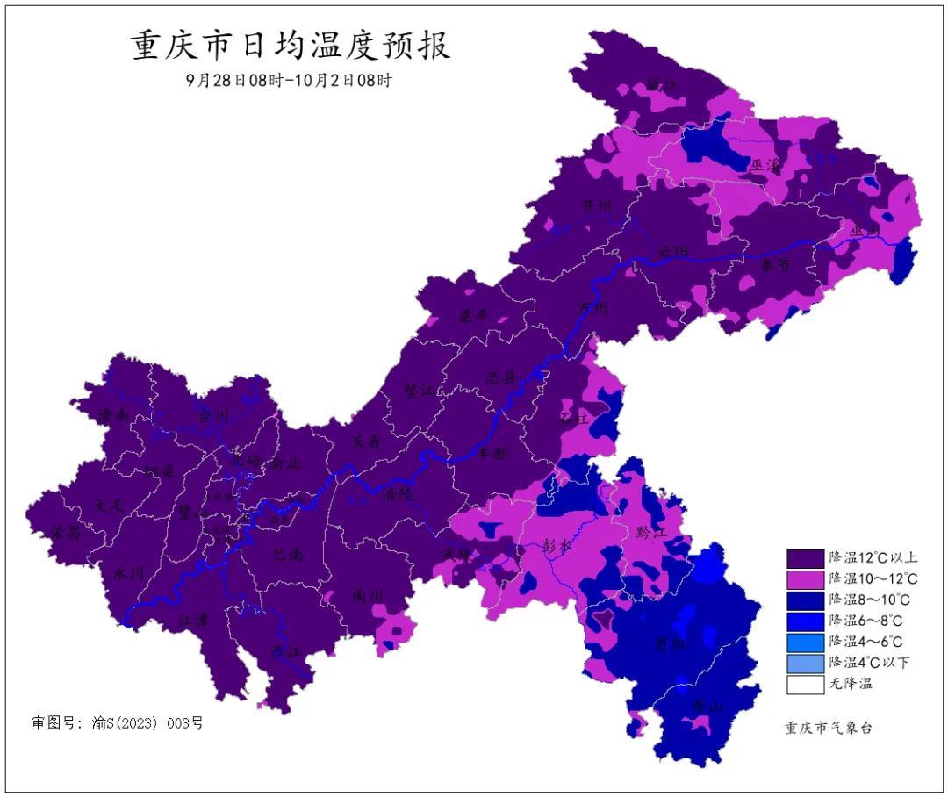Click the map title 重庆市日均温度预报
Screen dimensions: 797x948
(x=291, y=46)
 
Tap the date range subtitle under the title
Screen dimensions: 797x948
(x=289, y=80)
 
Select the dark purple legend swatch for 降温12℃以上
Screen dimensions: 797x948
(x=805, y=558)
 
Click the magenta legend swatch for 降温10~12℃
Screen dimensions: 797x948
(x=805, y=579)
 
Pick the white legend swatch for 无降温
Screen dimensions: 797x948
(x=805, y=685)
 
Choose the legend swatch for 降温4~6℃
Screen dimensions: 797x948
(x=805, y=643)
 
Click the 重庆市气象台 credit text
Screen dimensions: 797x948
(x=828, y=728)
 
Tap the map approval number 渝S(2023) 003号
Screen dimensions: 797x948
(x=118, y=723)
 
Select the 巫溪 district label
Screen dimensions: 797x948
(x=765, y=165)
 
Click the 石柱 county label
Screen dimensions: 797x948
(x=574, y=418)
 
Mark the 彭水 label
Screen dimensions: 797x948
(x=559, y=544)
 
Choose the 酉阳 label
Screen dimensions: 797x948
(x=671, y=643)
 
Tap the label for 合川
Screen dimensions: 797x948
(x=212, y=415)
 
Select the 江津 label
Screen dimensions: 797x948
(x=194, y=620)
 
